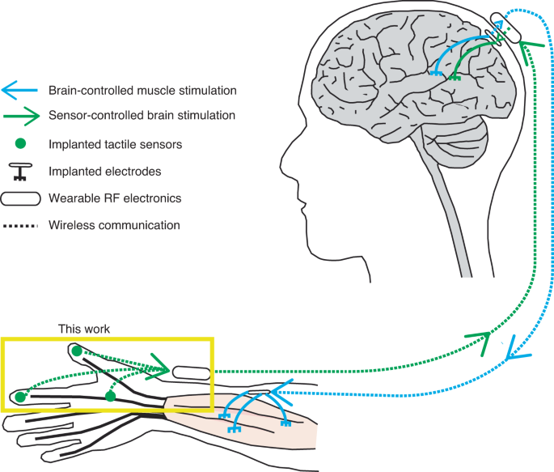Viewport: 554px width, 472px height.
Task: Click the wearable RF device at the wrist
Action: [191, 372]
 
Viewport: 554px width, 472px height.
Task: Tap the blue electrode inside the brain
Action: [435, 74]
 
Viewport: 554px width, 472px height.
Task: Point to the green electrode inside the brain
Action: [455, 77]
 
